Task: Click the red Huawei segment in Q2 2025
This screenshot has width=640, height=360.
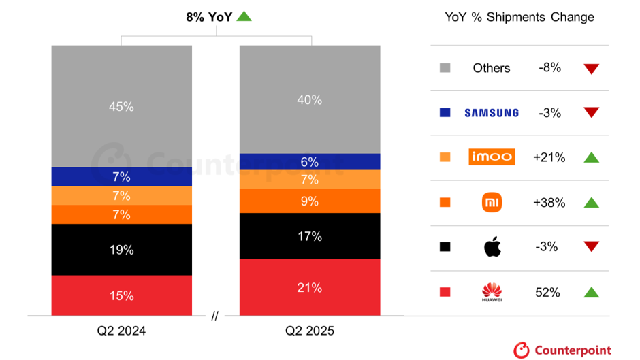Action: [x=310, y=288]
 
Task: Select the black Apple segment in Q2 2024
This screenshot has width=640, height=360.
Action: [x=121, y=250]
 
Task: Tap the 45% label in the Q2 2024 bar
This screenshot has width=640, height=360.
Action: [x=121, y=106]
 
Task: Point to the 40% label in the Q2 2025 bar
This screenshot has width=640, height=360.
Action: [x=310, y=99]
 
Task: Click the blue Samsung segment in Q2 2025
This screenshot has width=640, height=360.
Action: [x=310, y=161]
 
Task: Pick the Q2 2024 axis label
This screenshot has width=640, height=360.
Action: [x=121, y=331]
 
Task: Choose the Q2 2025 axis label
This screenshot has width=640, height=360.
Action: [x=310, y=331]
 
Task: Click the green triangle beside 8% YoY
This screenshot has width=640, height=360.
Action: [x=244, y=16]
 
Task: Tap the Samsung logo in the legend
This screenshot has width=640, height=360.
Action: [x=492, y=113]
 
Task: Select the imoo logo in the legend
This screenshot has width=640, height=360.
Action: [x=492, y=157]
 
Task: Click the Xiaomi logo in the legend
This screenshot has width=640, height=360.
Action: [x=492, y=202]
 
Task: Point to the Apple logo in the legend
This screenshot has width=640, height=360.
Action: [x=492, y=246]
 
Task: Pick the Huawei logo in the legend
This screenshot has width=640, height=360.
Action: [x=492, y=293]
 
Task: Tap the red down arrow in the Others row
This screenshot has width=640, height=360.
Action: [x=591, y=69]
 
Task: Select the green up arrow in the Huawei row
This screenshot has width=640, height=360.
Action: [x=591, y=293]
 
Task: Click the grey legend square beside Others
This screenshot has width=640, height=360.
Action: [x=445, y=68]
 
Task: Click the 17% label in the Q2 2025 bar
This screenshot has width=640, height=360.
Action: [x=310, y=236]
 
